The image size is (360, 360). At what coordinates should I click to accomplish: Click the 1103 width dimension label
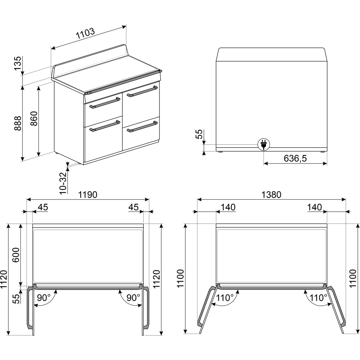click(85, 33)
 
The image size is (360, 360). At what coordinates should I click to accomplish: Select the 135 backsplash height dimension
click(18, 63)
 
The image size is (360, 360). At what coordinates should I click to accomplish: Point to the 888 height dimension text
click(18, 123)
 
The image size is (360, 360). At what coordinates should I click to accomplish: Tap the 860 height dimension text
click(34, 118)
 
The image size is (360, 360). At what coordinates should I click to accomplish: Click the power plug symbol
click(264, 144)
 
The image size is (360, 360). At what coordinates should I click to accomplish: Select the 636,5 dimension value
click(295, 158)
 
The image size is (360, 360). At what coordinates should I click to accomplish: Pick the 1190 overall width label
click(88, 195)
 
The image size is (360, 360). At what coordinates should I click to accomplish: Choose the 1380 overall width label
click(271, 195)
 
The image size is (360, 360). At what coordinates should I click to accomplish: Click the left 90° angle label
click(44, 298)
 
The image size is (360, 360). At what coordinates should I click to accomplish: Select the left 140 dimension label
click(228, 207)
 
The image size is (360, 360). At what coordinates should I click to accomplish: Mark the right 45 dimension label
click(134, 207)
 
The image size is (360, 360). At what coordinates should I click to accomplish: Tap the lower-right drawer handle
click(142, 127)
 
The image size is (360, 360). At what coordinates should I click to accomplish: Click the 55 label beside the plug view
click(199, 134)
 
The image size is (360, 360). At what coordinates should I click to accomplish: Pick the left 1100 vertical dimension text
click(181, 278)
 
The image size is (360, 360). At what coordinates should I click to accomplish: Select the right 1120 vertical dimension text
click(156, 279)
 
